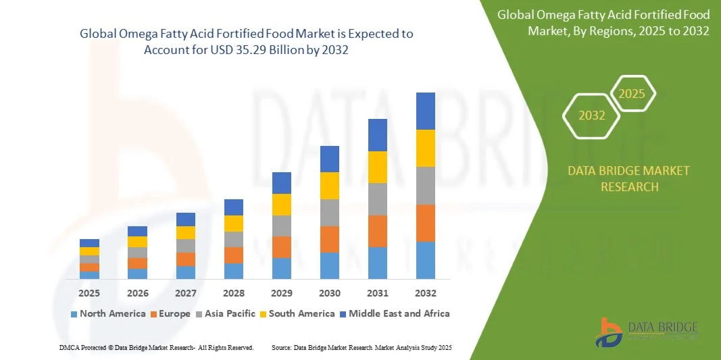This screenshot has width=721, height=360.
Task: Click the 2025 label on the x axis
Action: click(x=89, y=293)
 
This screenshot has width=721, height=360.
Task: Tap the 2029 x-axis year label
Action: click(x=282, y=293)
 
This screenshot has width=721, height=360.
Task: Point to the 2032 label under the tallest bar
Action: click(x=426, y=293)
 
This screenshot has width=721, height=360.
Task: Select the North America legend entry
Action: click(x=107, y=313)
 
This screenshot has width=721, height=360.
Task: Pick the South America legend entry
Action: click(x=297, y=313)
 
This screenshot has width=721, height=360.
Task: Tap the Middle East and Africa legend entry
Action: click(x=394, y=313)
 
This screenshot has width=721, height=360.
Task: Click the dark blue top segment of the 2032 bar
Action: click(x=426, y=111)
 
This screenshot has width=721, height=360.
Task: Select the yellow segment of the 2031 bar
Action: click(x=378, y=167)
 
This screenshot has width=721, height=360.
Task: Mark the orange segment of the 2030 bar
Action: click(x=330, y=239)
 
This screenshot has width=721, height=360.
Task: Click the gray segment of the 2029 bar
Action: click(x=282, y=226)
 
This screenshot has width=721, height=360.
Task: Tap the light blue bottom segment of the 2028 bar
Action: click(x=234, y=271)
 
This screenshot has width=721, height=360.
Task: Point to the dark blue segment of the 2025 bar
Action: click(x=89, y=243)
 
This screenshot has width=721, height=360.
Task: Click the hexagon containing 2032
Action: click(x=592, y=115)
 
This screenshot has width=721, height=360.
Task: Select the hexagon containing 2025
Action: click(x=632, y=94)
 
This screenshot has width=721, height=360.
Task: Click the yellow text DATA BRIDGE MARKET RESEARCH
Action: click(x=629, y=178)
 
